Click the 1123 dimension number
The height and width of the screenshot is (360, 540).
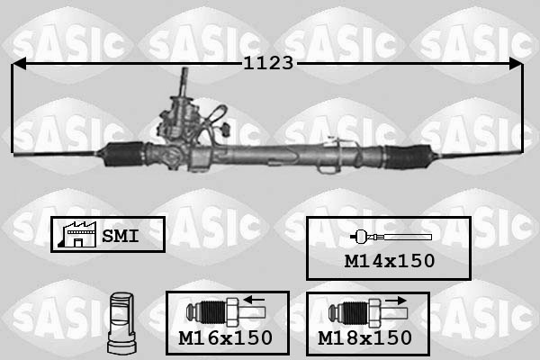268,63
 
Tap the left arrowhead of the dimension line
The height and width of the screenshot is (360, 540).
19,64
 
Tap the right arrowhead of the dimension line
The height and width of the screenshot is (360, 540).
516,64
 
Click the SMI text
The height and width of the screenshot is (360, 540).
121,236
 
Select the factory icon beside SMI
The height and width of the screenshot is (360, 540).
77,234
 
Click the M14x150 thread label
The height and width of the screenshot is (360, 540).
390,261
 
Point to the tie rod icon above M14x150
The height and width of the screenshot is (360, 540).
391,237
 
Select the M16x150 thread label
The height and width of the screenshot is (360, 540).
226,337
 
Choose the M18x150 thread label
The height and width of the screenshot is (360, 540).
364,337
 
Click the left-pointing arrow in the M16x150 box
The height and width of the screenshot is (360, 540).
254,300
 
